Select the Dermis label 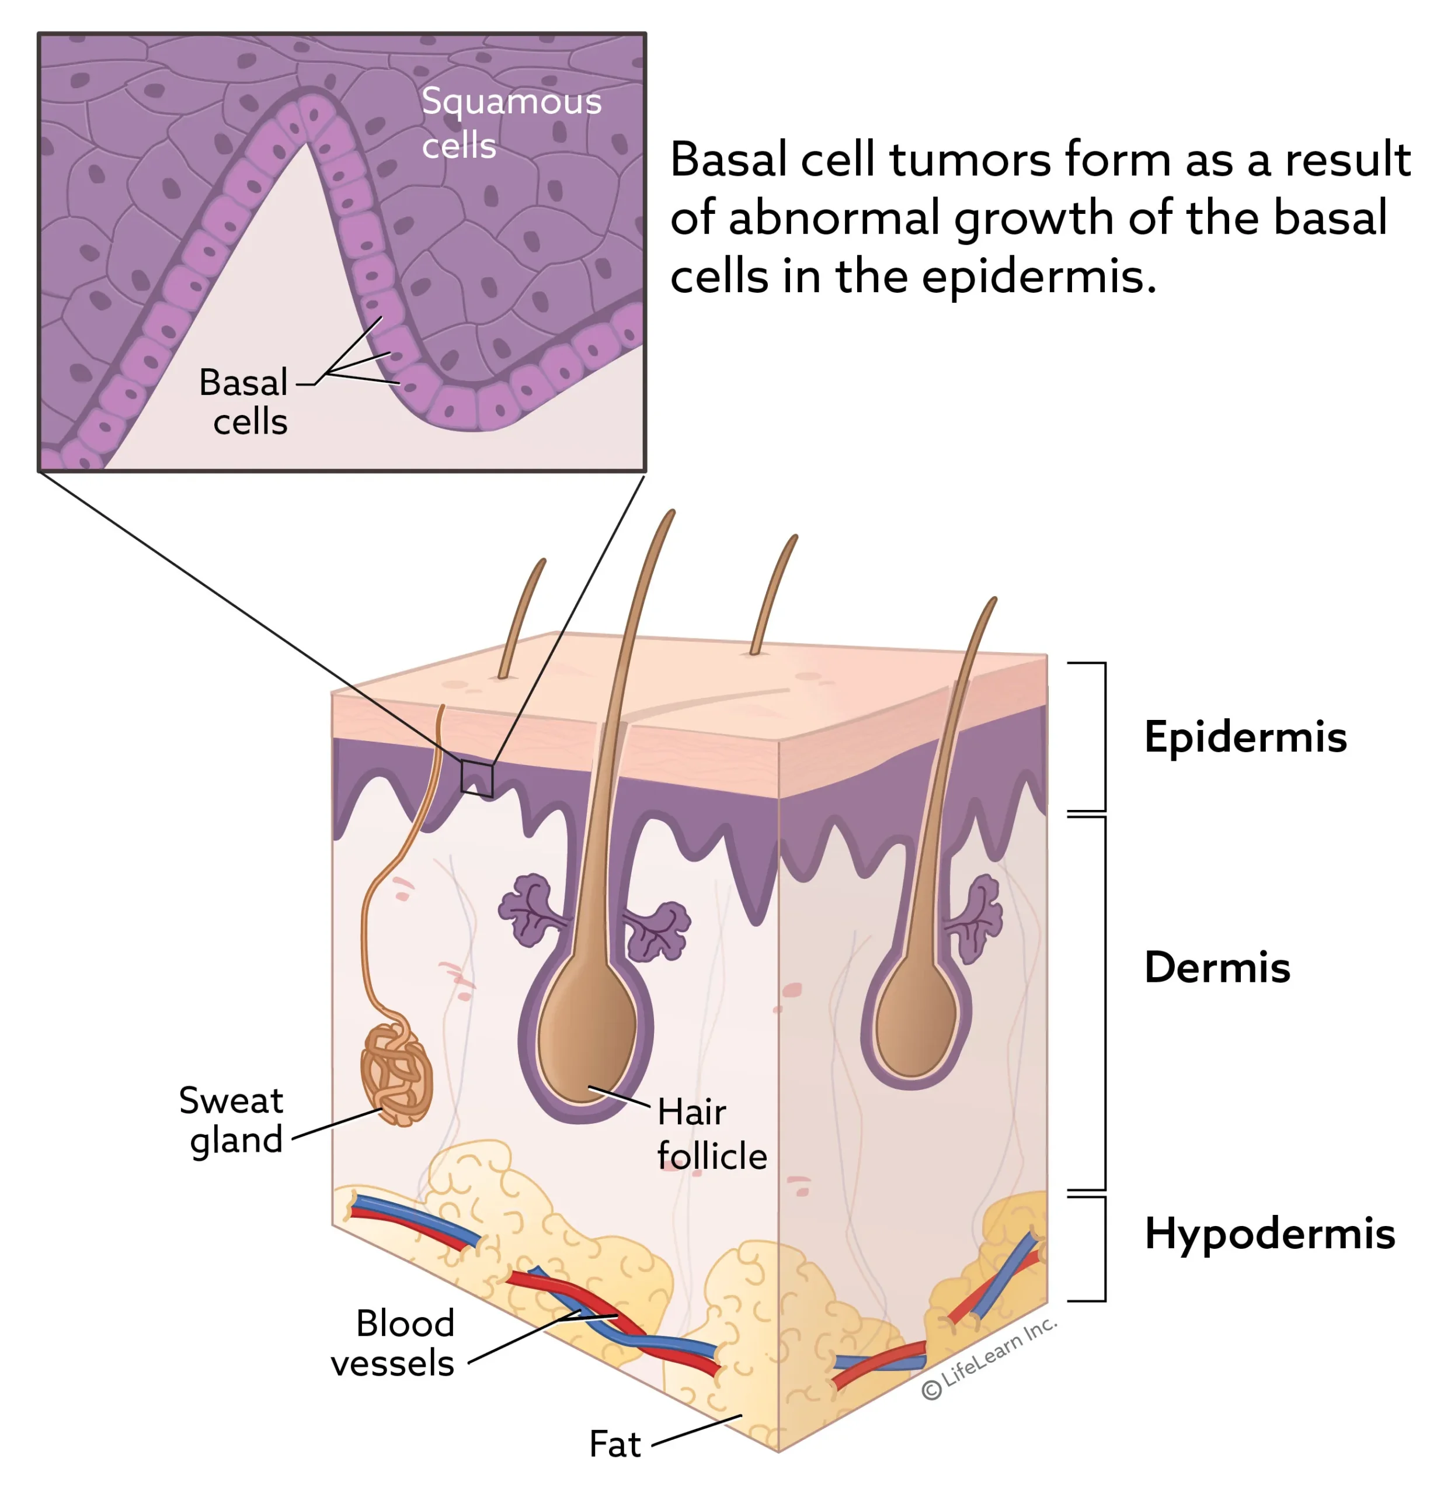(1217, 968)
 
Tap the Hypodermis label (1269, 1234)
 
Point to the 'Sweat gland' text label (231, 1120)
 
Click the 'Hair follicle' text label (711, 1134)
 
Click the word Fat (615, 1443)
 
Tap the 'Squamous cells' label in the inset (511, 123)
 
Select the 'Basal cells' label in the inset (243, 401)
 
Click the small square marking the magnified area (476, 778)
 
